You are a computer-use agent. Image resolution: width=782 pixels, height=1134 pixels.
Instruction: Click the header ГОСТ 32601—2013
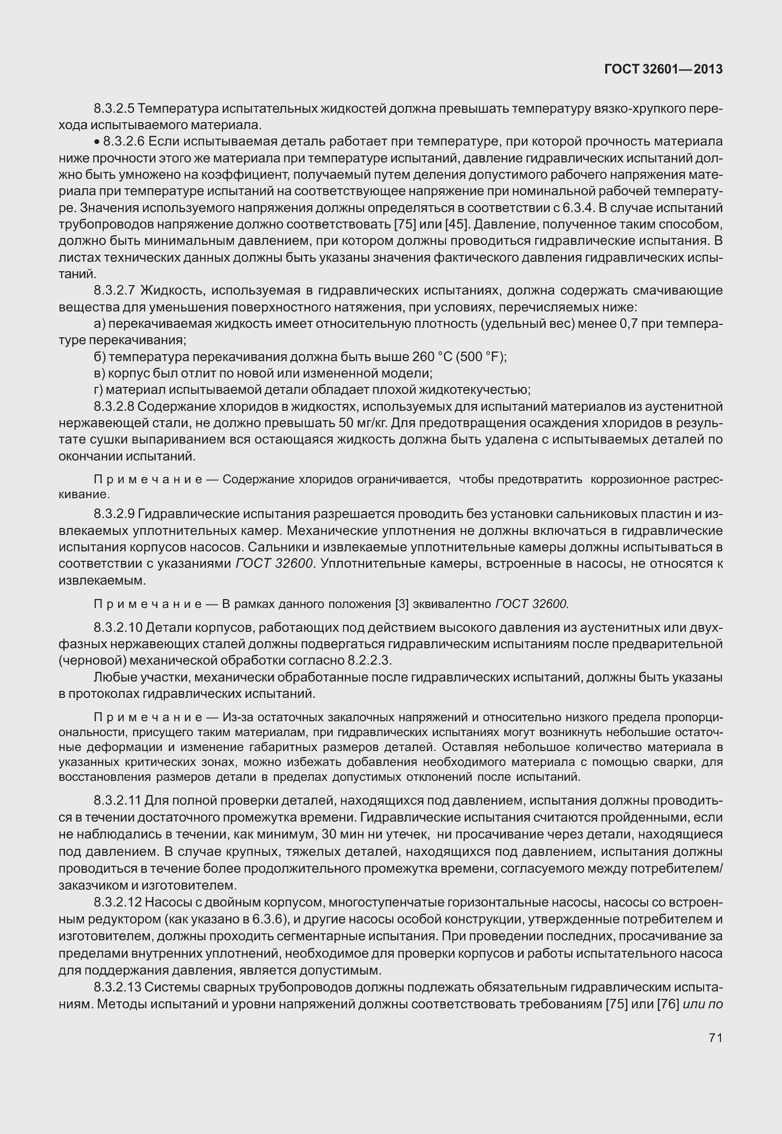[x=663, y=70]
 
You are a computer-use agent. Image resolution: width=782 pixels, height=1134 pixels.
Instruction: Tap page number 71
[x=715, y=1038]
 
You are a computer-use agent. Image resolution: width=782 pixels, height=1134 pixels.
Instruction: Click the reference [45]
[x=456, y=224]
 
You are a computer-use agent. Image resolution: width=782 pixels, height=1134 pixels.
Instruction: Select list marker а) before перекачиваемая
[x=99, y=324]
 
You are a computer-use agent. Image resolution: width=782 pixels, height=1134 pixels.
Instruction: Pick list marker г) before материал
[x=98, y=389]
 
